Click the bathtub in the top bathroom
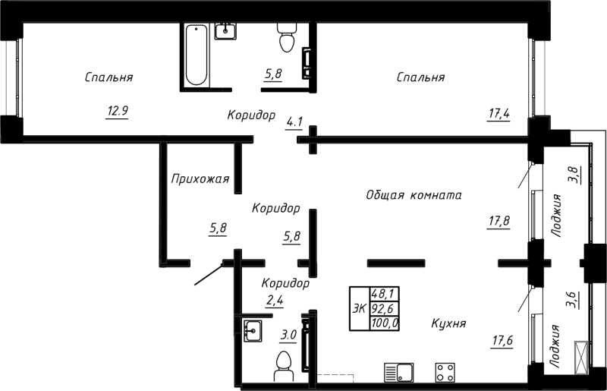click(197, 55)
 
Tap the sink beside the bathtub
click(226, 30)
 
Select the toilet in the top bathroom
click(286, 38)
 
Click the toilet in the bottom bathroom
click(285, 363)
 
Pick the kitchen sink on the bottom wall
click(398, 372)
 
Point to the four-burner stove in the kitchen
click(444, 372)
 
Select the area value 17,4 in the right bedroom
click(498, 114)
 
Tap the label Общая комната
click(414, 194)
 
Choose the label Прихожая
click(200, 179)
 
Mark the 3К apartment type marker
click(360, 308)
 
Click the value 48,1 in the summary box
click(385, 293)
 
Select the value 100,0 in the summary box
click(385, 323)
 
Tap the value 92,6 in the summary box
click(385, 308)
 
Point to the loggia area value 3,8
click(574, 175)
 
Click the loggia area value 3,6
click(572, 301)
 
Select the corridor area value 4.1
click(294, 121)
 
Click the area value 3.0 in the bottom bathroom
click(288, 333)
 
